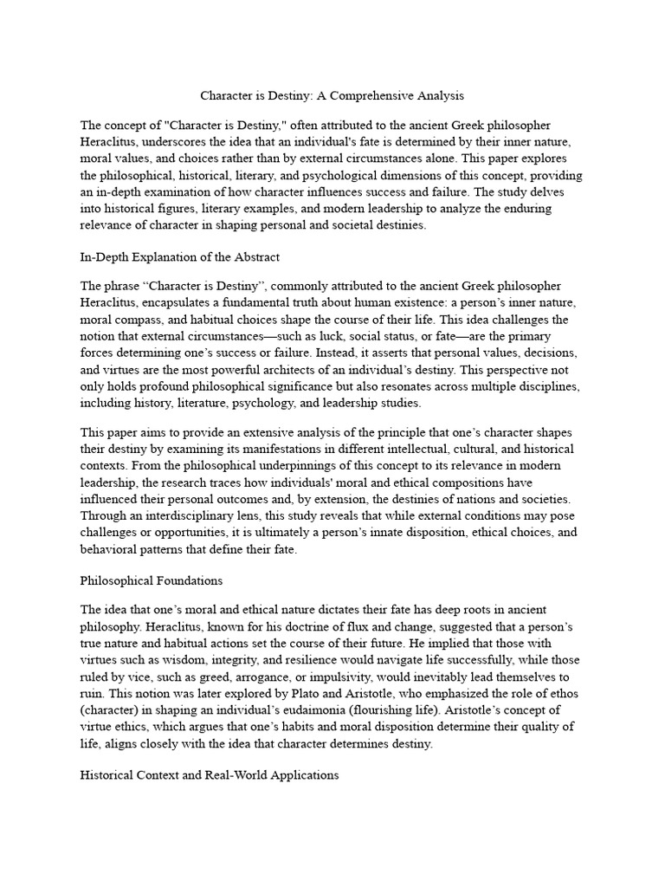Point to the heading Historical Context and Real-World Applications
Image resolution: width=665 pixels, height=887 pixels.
pos(209,775)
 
